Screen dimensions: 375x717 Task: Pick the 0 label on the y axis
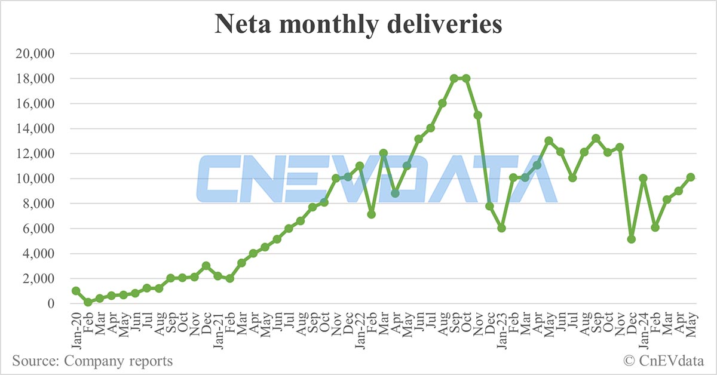(52, 304)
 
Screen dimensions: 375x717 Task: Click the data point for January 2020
(76, 291)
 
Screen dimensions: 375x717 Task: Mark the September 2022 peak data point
(454, 78)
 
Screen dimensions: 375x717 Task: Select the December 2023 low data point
(631, 239)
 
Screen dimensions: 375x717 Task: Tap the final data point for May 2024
(690, 177)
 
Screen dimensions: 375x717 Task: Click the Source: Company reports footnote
(92, 361)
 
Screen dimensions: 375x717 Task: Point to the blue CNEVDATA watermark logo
(376, 179)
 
